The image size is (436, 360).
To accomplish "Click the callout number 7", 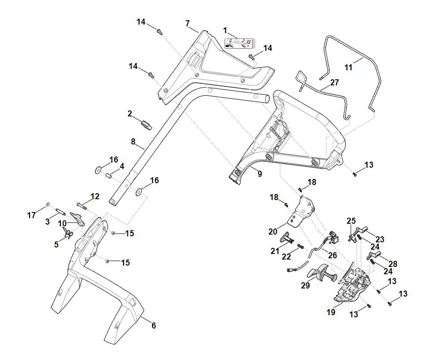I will (188, 23).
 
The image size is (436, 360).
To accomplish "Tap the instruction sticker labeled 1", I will (240, 43).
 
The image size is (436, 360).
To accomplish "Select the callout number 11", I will (349, 67).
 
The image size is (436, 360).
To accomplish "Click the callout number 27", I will (335, 82).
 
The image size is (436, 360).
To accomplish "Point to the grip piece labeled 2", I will (147, 125).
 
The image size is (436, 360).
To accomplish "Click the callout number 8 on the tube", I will (133, 141).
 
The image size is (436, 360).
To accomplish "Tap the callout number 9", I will (259, 174).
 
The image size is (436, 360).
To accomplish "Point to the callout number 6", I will (153, 326).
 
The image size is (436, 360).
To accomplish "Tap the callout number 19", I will (331, 313).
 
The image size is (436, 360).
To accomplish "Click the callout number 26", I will (332, 255).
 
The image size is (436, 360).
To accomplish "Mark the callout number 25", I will (351, 221).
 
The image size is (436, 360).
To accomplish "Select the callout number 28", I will (392, 264).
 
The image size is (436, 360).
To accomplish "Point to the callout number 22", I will (287, 257).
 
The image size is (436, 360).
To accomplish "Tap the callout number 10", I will (62, 223).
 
